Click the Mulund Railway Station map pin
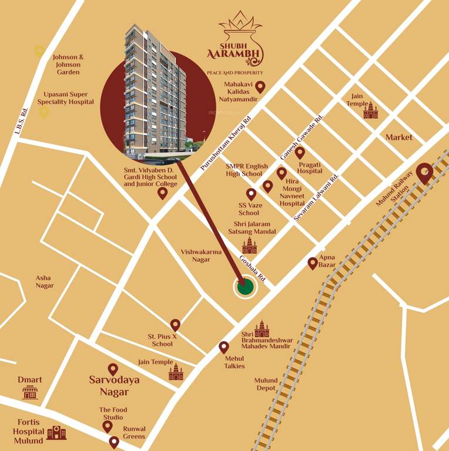pyautogui.click(x=424, y=173)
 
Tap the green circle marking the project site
pyautogui.click(x=246, y=287)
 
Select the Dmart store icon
pyautogui.click(x=29, y=392)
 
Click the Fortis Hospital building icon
pyautogui.click(x=56, y=432)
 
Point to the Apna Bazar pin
pyautogui.click(x=313, y=263)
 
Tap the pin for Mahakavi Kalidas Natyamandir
pyautogui.click(x=260, y=87)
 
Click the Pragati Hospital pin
pyautogui.click(x=300, y=153)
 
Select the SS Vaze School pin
pyautogui.click(x=251, y=194)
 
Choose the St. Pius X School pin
pyautogui.click(x=175, y=325)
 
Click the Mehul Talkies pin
pyautogui.click(x=223, y=347)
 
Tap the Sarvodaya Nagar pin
pyautogui.click(x=113, y=369)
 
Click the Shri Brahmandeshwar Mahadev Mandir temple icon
pyautogui.click(x=262, y=329)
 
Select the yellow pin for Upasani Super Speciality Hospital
pyautogui.click(x=44, y=112)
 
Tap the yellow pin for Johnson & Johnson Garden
pyautogui.click(x=39, y=51)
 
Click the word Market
pyautogui.click(x=399, y=137)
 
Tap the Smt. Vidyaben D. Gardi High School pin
pyautogui.click(x=163, y=193)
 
